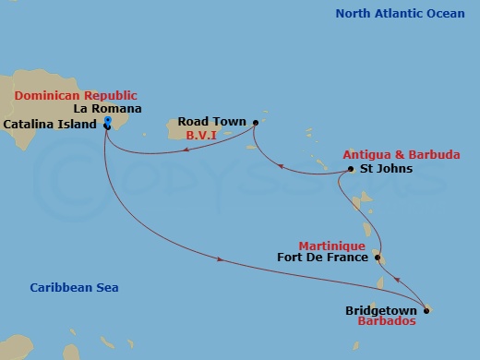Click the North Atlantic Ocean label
coord(400,13)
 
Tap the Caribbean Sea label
coord(73,288)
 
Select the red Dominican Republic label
coord(75,95)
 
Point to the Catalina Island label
coord(51,123)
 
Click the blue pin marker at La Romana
coord(108,122)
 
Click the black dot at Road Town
coord(255,120)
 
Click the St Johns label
coord(380,169)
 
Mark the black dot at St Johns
coord(351,169)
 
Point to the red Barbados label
coord(386,322)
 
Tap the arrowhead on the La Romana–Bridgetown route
coord(220,259)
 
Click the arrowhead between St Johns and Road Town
coord(284,170)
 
